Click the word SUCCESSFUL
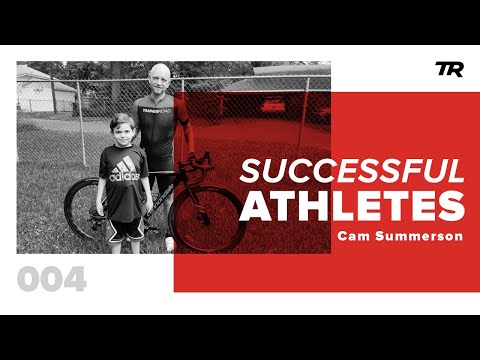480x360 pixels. click(x=351, y=171)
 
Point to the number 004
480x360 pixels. click(x=51, y=281)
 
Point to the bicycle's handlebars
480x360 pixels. click(x=201, y=160)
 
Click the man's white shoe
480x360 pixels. click(x=170, y=243)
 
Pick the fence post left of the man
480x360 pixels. click(x=82, y=120)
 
